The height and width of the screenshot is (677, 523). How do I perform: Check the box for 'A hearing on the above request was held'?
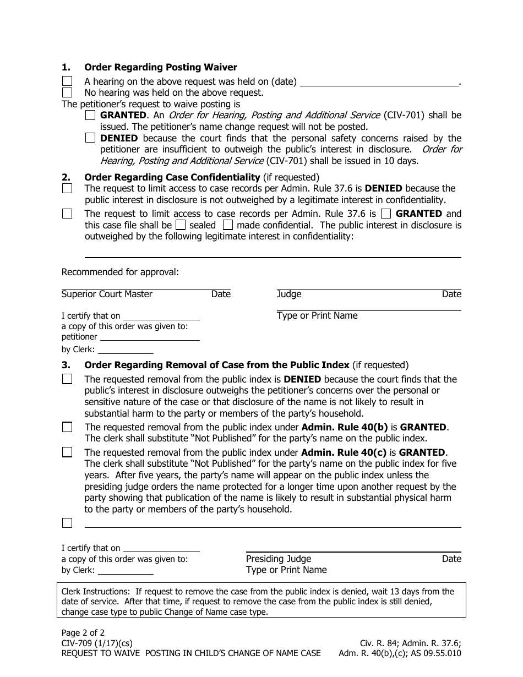[x=67, y=81]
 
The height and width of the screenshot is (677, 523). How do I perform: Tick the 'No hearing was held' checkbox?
[x=67, y=92]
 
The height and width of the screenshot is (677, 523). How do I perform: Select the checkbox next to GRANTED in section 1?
[x=90, y=116]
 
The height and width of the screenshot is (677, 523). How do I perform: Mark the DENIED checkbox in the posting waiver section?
[x=90, y=138]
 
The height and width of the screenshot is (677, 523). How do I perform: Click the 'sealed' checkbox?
[x=181, y=225]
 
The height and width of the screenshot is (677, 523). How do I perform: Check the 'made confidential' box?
[x=228, y=225]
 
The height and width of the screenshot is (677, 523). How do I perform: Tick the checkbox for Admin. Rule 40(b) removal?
[x=67, y=427]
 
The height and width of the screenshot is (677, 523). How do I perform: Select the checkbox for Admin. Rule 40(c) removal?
[x=67, y=452]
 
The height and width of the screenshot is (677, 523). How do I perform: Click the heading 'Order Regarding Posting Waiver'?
[x=160, y=67]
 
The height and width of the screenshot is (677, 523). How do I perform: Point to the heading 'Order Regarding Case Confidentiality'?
[x=172, y=177]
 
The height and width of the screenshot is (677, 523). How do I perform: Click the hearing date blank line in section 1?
[x=379, y=83]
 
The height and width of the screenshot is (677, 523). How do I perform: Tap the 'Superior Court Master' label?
[x=107, y=294]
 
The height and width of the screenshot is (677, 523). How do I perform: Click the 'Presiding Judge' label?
[x=279, y=559]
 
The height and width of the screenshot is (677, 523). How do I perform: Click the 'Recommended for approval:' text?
[x=120, y=272]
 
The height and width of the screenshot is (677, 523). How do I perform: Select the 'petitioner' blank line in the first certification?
[x=149, y=337]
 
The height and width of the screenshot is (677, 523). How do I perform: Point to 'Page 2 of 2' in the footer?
[x=83, y=633]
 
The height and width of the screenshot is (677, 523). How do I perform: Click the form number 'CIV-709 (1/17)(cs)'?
[x=97, y=643]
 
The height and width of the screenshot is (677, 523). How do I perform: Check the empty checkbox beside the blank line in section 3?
[x=67, y=523]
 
